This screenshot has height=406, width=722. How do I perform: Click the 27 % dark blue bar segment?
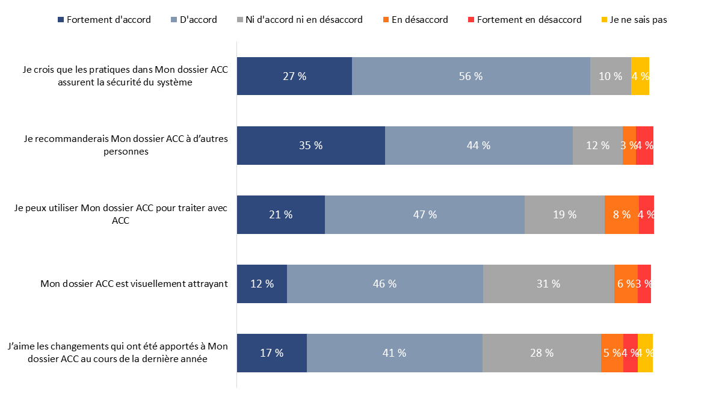point(294,76)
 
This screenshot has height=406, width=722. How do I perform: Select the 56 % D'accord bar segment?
point(471,76)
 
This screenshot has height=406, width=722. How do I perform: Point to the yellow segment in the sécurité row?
point(640,76)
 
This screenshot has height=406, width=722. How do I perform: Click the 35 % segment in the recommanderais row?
point(310,146)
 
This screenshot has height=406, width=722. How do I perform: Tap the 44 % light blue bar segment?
point(478,146)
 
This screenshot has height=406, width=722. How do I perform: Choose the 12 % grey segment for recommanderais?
point(597,146)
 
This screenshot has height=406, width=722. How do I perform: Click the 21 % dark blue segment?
point(280,215)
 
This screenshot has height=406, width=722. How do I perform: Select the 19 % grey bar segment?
point(564,215)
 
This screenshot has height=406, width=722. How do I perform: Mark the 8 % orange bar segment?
point(622,215)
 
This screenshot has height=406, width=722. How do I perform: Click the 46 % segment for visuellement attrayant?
point(384,284)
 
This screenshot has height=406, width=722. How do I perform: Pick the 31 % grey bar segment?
point(548,284)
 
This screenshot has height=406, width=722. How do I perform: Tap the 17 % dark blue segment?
point(271,353)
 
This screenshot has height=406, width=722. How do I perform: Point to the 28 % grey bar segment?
point(541,353)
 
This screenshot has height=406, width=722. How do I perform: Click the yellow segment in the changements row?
point(645,353)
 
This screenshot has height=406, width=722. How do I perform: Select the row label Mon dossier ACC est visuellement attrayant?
point(134,284)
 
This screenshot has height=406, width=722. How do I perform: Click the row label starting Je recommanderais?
point(125,146)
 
